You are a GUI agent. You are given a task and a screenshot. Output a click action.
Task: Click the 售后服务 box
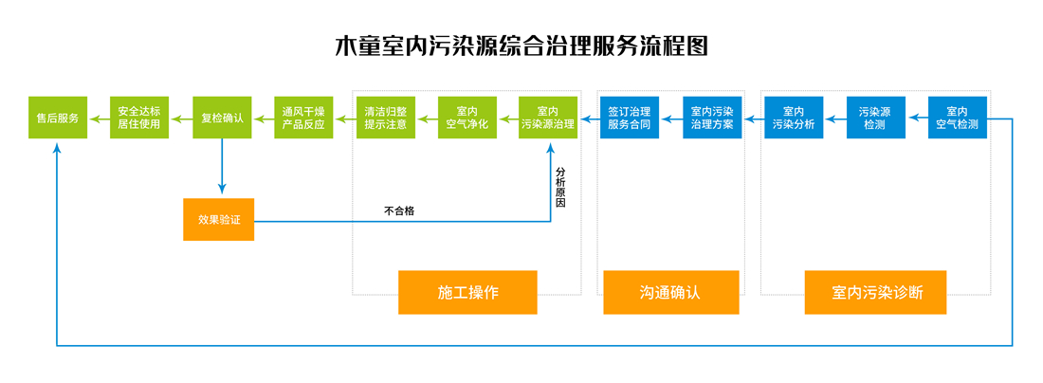[58, 118]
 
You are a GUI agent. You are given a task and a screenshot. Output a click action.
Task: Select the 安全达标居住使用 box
[139, 118]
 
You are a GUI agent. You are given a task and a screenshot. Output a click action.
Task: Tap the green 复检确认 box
[222, 118]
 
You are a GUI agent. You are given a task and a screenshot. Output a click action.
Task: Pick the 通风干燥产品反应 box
[303, 118]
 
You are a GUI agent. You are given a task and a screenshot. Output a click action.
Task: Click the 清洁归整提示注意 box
[386, 118]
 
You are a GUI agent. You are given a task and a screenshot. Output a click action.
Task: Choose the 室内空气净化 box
[467, 118]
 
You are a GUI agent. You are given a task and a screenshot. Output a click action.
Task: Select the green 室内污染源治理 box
[548, 118]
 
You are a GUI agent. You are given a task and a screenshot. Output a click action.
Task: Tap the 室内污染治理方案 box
[712, 118]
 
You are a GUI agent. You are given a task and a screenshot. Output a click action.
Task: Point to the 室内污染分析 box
[794, 118]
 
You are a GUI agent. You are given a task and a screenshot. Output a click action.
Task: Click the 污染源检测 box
[875, 118]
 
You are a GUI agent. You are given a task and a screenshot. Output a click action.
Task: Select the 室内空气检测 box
[957, 118]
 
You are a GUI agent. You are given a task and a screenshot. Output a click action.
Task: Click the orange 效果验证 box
[219, 219]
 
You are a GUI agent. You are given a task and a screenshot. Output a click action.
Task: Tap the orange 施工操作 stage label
[467, 292]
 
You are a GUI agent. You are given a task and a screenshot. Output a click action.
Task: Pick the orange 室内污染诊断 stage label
[875, 292]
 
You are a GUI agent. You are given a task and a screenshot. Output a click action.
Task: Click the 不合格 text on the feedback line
[399, 211]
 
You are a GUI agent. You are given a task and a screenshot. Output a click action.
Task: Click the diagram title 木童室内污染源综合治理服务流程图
[521, 46]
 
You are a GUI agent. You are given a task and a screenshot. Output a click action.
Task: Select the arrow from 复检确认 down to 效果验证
[222, 166]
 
